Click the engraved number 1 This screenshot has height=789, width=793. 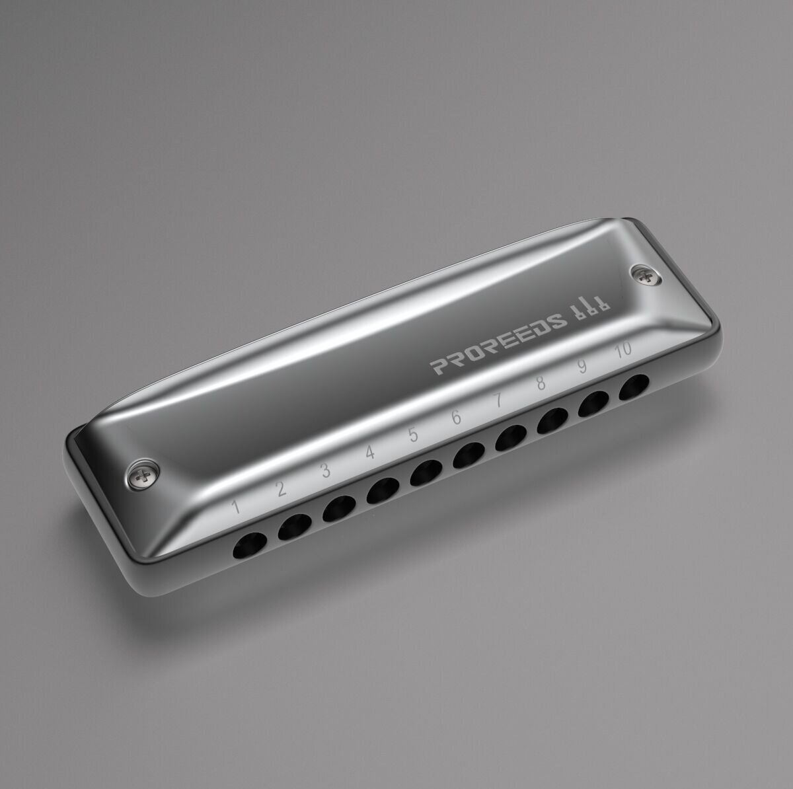[x=236, y=506]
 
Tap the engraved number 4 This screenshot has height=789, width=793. [x=370, y=453]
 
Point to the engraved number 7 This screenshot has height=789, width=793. [x=499, y=400]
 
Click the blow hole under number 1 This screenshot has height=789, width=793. [x=249, y=545]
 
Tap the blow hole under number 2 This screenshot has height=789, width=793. [x=295, y=527]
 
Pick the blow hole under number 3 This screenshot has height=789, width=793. [x=340, y=508]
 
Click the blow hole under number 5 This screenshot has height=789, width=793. [x=426, y=473]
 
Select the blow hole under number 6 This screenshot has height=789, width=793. [x=469, y=455]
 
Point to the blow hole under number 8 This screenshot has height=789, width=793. [x=552, y=421]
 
